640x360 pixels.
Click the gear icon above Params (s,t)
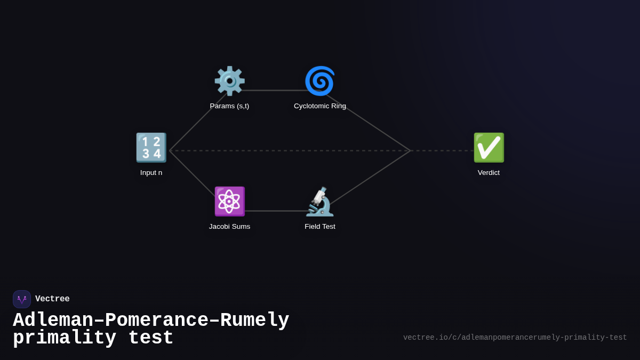point(229,81)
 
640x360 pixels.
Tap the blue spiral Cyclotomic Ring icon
point(320,81)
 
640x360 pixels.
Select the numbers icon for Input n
point(151,148)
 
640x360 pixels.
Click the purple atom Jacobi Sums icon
point(229,202)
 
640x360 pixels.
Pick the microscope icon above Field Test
point(320,202)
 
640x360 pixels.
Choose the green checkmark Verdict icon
point(489,148)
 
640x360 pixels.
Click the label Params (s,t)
point(229,106)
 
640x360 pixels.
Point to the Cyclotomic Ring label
point(320,106)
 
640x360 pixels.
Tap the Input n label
point(151,173)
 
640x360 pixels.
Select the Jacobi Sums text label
point(229,227)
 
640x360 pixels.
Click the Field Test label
point(320,227)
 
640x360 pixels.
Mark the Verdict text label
point(489,173)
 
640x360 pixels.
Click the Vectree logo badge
point(22,299)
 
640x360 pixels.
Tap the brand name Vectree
point(52,299)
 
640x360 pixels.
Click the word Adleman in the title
point(53,321)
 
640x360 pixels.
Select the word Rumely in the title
point(254,321)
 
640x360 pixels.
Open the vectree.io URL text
point(515,338)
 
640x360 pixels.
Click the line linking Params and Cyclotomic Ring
point(275,91)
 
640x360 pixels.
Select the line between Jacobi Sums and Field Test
point(275,211)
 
